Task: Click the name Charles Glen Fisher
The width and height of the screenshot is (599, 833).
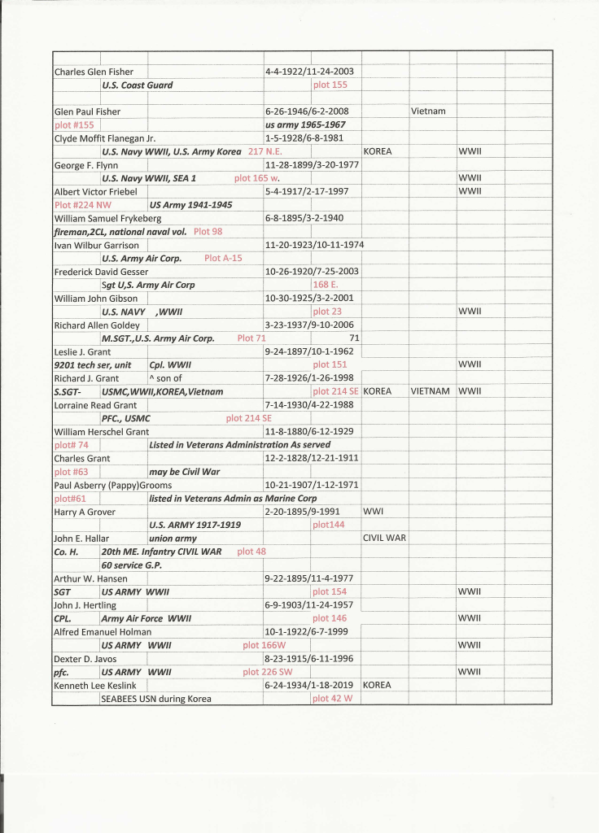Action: [94, 72]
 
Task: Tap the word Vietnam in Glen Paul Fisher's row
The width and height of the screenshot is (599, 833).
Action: [428, 111]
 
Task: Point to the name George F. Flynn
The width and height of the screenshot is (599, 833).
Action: [85, 165]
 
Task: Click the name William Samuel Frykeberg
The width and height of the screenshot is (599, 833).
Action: [107, 218]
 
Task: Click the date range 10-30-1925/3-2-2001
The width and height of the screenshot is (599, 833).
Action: [309, 299]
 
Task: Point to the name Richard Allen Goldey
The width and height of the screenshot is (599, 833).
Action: [96, 325]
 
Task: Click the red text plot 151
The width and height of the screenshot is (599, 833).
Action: [330, 364]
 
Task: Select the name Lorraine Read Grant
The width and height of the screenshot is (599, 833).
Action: [95, 405]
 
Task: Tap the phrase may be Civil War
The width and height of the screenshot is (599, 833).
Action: [184, 472]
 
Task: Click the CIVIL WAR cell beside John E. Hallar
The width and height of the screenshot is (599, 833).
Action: [384, 538]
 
